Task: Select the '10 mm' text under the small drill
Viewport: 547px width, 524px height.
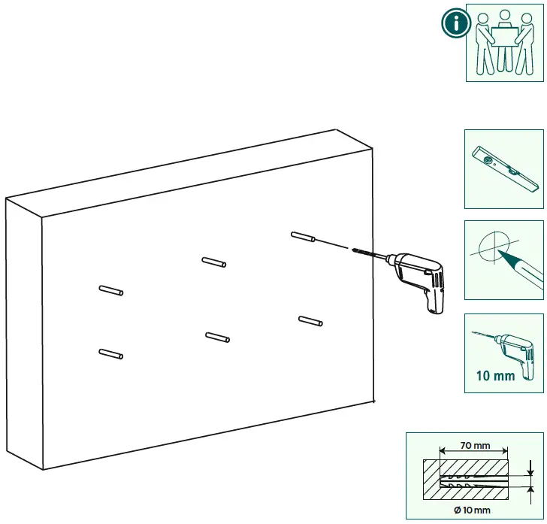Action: (495, 374)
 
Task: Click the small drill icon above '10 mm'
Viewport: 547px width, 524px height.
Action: (508, 347)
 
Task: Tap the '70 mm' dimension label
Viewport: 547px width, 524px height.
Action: (475, 445)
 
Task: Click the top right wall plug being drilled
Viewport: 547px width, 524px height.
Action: (302, 238)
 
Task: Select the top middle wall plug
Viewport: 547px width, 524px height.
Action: (214, 262)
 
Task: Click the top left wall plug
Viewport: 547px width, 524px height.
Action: (111, 290)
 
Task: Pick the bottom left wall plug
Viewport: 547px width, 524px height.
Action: (111, 353)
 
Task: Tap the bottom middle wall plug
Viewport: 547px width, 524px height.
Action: (218, 338)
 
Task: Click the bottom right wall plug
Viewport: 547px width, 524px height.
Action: (310, 321)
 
